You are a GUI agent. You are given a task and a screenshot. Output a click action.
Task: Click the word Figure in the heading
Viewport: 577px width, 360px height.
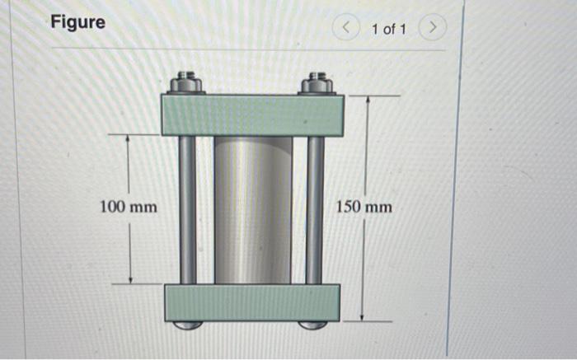78,22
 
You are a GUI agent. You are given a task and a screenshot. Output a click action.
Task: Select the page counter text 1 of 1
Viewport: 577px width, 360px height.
388,30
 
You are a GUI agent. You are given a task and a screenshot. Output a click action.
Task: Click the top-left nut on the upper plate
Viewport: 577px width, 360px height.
187,83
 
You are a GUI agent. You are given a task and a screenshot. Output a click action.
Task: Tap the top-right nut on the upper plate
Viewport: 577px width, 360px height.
317,83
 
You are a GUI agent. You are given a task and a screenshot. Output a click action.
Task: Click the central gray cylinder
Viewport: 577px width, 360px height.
253,210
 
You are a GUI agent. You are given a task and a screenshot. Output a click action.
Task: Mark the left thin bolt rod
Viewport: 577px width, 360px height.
188,210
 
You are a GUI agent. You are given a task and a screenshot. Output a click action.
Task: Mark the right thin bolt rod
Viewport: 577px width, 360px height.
314,210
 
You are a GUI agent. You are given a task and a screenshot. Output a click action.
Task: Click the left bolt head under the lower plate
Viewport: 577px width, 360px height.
189,325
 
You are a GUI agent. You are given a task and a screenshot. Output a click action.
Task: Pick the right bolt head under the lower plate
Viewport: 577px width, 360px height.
312,325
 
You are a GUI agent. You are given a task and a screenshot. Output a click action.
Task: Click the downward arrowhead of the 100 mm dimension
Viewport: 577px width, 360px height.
128,278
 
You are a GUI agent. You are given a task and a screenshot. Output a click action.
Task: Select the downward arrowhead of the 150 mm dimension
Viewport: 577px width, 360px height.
366,316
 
